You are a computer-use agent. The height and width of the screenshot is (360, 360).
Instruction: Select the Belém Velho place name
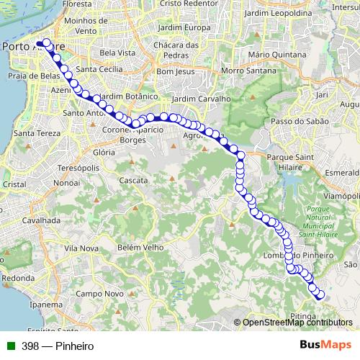tap(136, 246)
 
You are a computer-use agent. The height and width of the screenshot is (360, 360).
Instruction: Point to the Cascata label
tap(133, 179)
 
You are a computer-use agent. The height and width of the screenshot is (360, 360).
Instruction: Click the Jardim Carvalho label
tap(201, 99)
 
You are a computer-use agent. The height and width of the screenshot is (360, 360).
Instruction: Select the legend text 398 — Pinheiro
tap(58, 346)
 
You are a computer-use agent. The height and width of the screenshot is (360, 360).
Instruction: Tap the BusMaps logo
tap(325, 346)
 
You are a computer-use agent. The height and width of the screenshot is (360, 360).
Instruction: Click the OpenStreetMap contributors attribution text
tap(297, 323)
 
